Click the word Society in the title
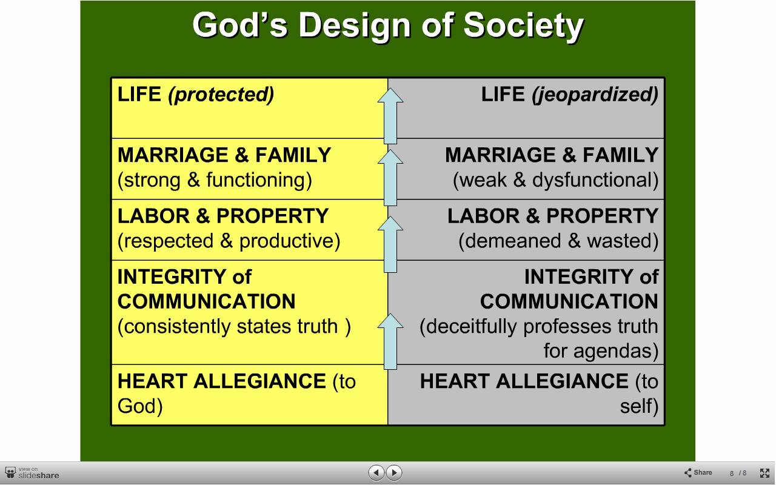(523, 25)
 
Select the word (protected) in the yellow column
(221, 95)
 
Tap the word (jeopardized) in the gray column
(595, 95)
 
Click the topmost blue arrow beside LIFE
(390, 116)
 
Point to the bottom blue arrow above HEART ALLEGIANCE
(390, 341)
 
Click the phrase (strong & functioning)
(215, 180)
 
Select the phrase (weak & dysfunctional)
(556, 180)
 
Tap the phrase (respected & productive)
(229, 241)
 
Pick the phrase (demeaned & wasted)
(558, 241)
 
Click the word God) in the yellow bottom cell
(140, 406)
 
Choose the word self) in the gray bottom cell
(639, 406)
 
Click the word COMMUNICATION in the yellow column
(207, 301)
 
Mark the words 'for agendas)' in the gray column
(601, 350)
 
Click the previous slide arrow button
(376, 472)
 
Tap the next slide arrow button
(394, 472)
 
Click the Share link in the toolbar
(698, 472)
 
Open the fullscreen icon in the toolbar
(764, 473)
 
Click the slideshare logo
(32, 473)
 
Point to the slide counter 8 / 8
(738, 473)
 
